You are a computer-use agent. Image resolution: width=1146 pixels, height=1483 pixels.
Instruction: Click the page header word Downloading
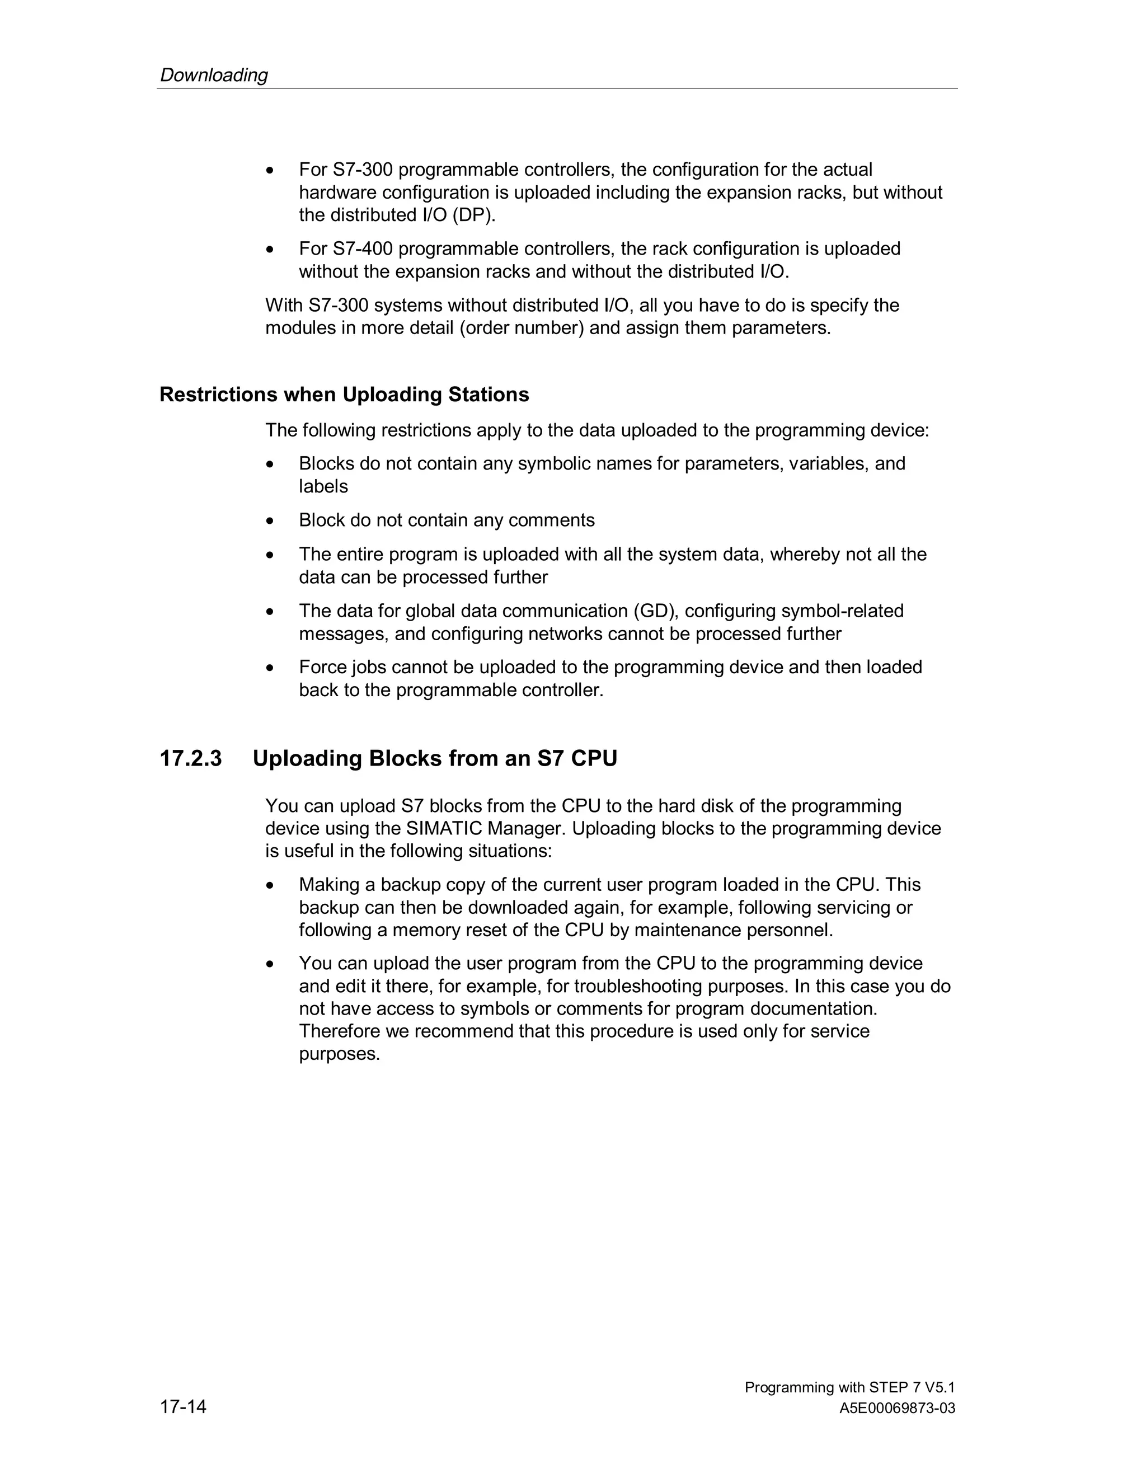pos(214,74)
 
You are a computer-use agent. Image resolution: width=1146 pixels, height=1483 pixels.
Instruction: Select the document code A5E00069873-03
pos(897,1409)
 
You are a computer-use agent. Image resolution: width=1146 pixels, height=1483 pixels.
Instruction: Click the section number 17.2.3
pos(191,758)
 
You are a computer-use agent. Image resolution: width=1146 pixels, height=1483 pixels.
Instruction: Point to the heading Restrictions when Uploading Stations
pos(344,395)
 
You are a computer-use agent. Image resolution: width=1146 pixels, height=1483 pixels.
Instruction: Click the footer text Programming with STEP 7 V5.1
pos(849,1387)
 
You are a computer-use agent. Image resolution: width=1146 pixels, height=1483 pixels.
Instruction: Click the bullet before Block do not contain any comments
pos(270,521)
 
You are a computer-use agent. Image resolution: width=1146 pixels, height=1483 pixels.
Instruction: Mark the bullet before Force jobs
pos(270,668)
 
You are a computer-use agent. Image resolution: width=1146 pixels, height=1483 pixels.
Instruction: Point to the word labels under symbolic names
pos(323,487)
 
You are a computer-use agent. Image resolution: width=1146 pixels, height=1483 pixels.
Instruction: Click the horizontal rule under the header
pos(557,88)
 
